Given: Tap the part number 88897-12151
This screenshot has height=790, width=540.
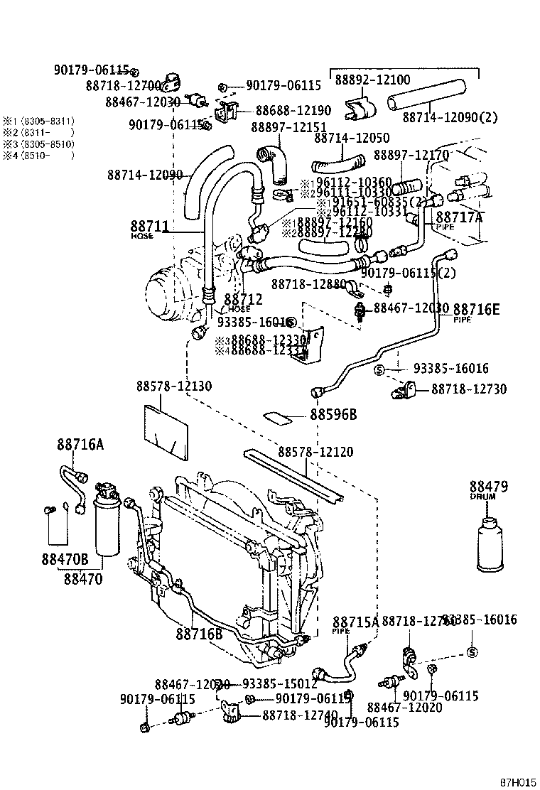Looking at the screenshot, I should tap(283, 126).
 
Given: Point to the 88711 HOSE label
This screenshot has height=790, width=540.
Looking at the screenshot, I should tap(149, 228).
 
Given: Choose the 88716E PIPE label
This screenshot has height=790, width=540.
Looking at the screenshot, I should tap(476, 310).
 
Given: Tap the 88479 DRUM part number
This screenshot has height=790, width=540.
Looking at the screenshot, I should tap(487, 487).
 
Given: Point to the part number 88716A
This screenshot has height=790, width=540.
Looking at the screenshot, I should tap(80, 445).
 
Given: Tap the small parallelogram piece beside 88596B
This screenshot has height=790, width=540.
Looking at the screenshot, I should tap(279, 416).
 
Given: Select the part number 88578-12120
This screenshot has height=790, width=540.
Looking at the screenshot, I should tap(315, 453).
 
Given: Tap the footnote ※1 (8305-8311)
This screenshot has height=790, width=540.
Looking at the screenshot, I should tap(37, 121).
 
